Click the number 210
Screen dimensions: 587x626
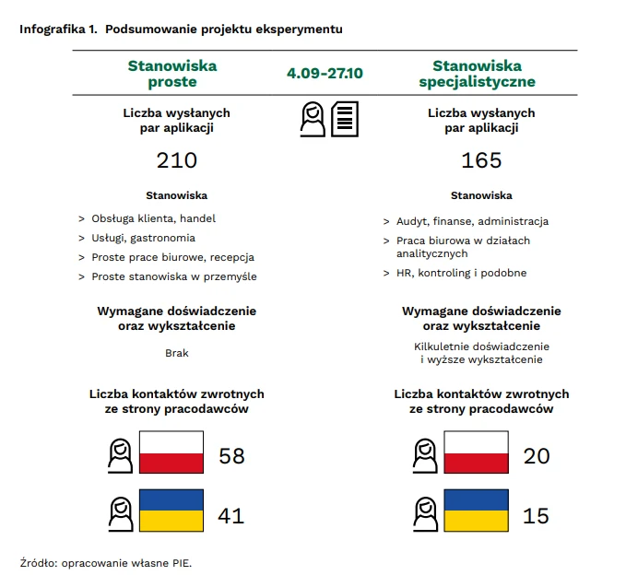pos(177,160)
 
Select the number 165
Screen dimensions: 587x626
pos(481,160)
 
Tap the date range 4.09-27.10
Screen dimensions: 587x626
pos(325,73)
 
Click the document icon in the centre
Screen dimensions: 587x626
pos(346,119)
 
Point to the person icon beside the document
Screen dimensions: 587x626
pos(313,119)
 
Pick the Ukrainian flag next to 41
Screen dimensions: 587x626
pos(171,511)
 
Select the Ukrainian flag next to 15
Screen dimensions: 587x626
pos(476,511)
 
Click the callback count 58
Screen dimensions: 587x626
pos(231,455)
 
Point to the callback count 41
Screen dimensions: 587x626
pos(230,515)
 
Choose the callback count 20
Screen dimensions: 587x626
pos(536,455)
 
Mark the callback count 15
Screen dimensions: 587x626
pos(536,515)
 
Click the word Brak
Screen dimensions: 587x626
pos(176,353)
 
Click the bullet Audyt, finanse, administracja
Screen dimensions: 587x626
pos(472,221)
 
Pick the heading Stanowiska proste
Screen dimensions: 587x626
pos(172,74)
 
